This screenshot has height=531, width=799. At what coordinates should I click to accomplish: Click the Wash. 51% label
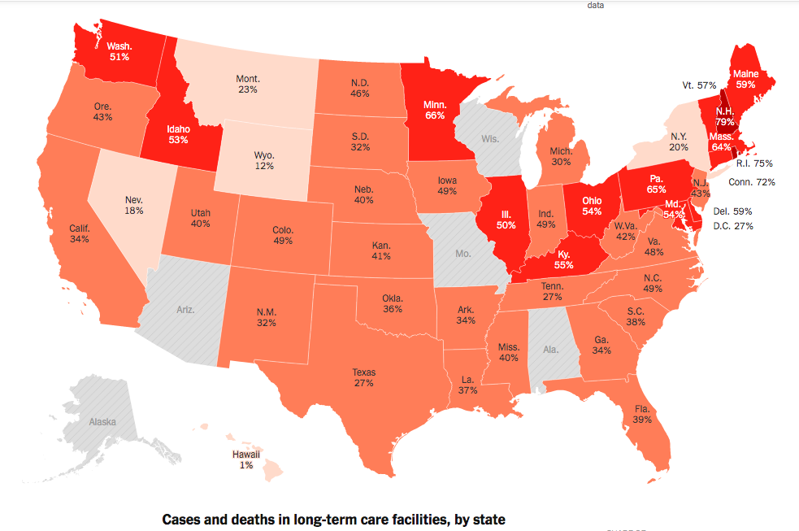(x=119, y=51)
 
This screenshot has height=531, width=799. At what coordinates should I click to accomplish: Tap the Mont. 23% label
(x=248, y=84)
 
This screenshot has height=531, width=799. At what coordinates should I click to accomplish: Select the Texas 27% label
(x=363, y=377)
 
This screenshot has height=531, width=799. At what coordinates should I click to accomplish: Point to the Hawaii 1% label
(x=245, y=459)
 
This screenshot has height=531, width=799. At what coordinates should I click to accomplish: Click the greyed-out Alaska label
(x=102, y=422)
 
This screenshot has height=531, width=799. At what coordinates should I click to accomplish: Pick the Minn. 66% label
(x=435, y=110)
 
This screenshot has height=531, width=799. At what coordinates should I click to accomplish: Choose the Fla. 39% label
(x=642, y=414)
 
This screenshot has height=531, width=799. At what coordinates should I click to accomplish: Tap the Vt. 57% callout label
(x=699, y=85)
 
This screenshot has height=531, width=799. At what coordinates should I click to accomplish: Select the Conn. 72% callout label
(x=751, y=182)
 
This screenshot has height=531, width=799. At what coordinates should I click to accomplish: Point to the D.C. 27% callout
(x=732, y=225)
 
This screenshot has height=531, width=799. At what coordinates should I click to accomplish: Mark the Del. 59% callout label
(x=732, y=211)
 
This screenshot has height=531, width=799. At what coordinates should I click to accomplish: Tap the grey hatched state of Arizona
(x=185, y=310)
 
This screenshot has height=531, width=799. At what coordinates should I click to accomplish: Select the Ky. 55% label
(x=563, y=259)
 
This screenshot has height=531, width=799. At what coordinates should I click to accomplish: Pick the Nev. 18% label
(x=134, y=204)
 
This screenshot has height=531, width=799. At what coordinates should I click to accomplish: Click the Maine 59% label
(x=745, y=78)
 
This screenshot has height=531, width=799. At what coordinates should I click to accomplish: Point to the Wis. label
(x=489, y=139)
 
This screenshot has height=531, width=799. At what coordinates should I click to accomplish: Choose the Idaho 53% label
(x=178, y=133)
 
